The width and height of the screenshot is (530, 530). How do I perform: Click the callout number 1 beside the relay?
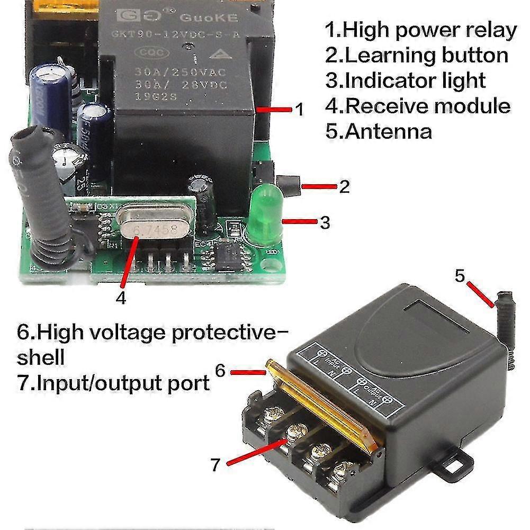299,110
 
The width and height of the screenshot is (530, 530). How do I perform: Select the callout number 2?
345,186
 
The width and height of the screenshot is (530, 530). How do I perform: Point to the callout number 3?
325,222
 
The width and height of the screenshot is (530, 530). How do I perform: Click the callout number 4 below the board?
121,298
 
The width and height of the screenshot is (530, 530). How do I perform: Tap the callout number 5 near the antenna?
460,276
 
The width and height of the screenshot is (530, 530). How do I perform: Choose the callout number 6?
221,371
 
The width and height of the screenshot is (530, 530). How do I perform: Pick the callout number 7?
214,464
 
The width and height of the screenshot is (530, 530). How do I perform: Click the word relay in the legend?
488,31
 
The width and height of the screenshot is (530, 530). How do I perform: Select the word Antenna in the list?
387,130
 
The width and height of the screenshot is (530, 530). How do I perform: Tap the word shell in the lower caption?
41,357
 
